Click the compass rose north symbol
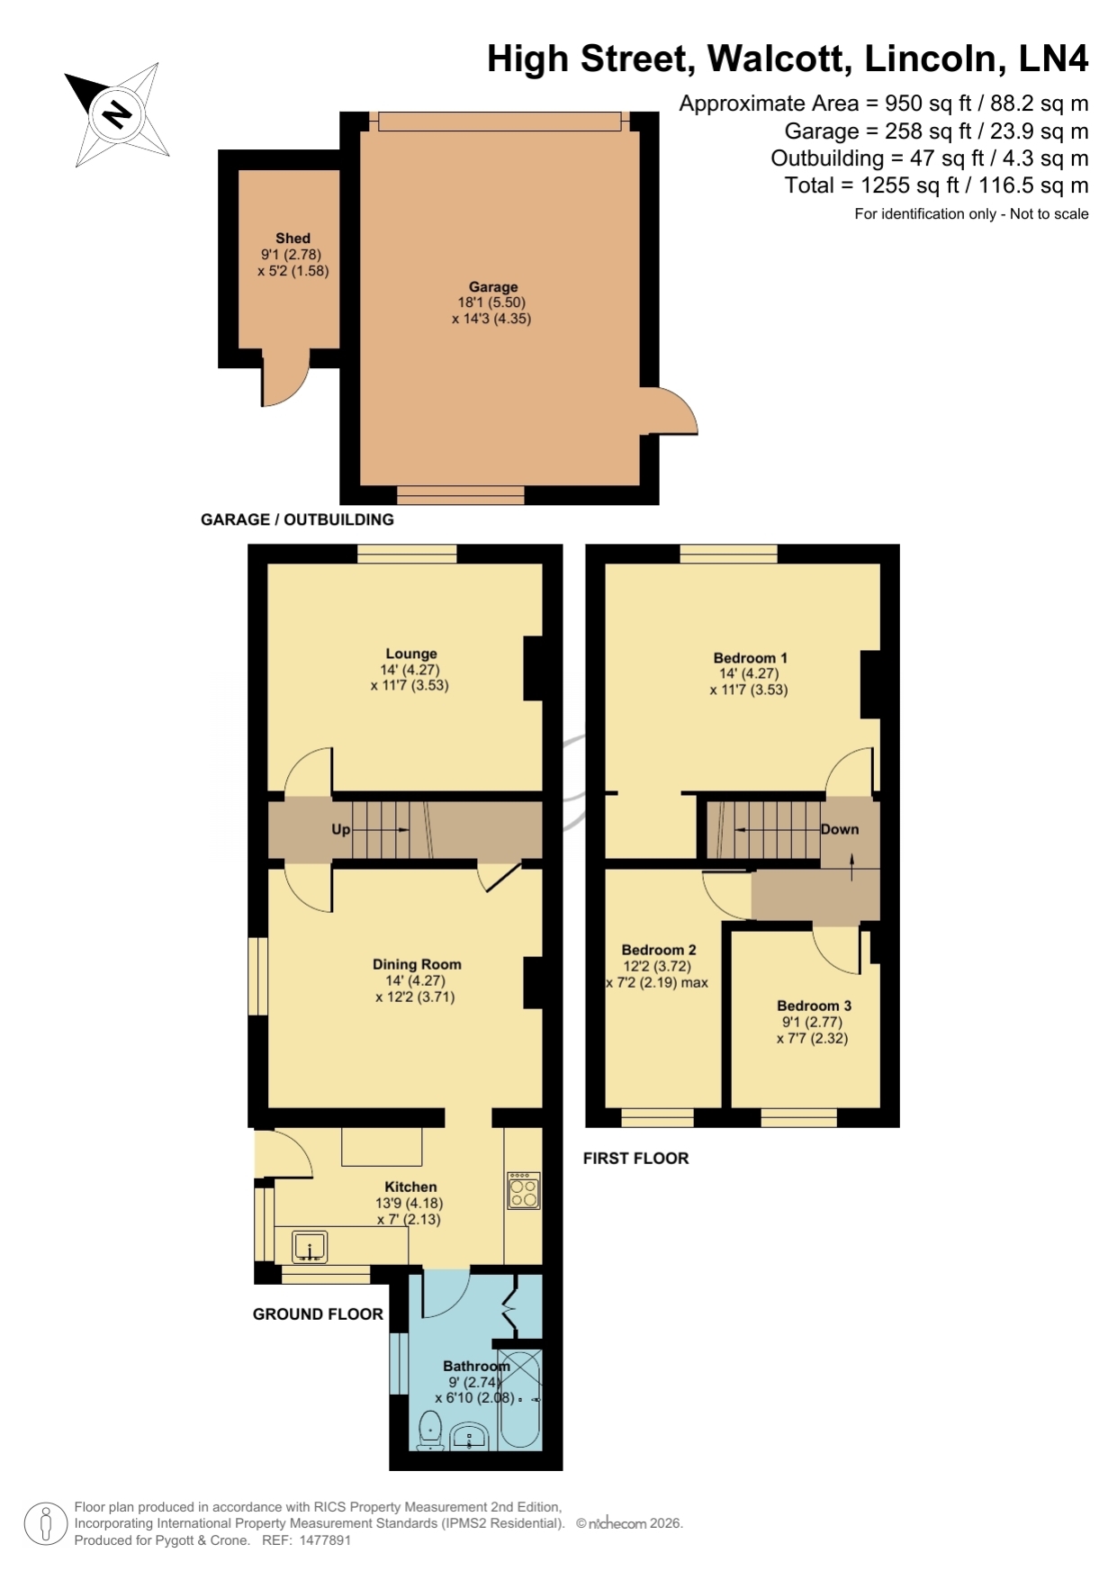(117, 114)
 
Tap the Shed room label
(293, 239)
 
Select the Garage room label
(493, 287)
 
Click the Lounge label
(411, 655)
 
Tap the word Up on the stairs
(340, 829)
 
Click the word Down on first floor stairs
(839, 829)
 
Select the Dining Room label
(417, 964)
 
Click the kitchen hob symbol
(523, 1189)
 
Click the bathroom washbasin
(469, 1436)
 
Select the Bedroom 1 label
(750, 658)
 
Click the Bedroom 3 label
(814, 1006)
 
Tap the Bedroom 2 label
(659, 950)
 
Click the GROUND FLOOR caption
(318, 1314)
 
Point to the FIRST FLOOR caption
(635, 1159)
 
